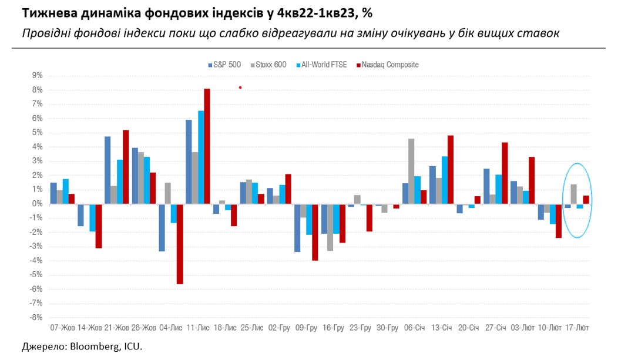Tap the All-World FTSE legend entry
[323, 65]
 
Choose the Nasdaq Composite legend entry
[388, 65]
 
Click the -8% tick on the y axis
[36, 318]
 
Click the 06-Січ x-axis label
[414, 327]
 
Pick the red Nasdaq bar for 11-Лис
[207, 146]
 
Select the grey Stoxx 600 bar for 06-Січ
[411, 171]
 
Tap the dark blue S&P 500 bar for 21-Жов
[108, 170]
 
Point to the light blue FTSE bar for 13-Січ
[445, 180]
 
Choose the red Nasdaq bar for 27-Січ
[505, 173]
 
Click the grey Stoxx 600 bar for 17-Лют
[573, 194]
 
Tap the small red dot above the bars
[240, 88]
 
